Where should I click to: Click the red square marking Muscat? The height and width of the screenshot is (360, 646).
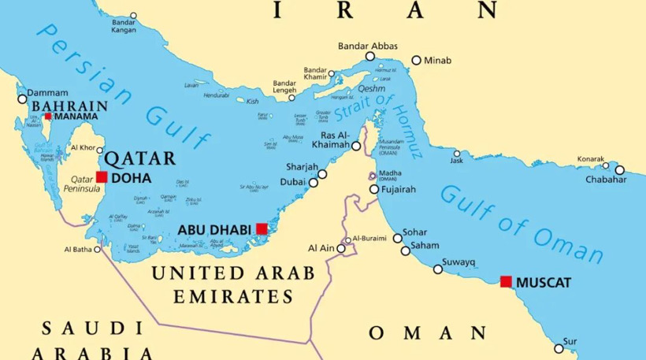(505, 281)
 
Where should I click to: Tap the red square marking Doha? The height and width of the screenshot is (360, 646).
(102, 176)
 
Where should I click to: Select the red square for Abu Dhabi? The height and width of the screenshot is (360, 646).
(262, 229)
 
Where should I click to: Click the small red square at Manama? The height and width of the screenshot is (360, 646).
(48, 117)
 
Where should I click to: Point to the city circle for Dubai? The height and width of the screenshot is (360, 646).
(313, 183)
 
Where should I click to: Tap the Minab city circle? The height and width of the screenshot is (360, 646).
(416, 60)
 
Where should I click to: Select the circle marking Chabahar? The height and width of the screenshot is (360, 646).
(619, 169)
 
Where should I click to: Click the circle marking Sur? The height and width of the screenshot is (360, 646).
(559, 347)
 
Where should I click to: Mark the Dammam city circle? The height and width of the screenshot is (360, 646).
(22, 99)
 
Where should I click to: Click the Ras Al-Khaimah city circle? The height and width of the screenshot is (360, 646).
(356, 146)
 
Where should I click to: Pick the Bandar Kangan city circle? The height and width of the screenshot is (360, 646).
(133, 16)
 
